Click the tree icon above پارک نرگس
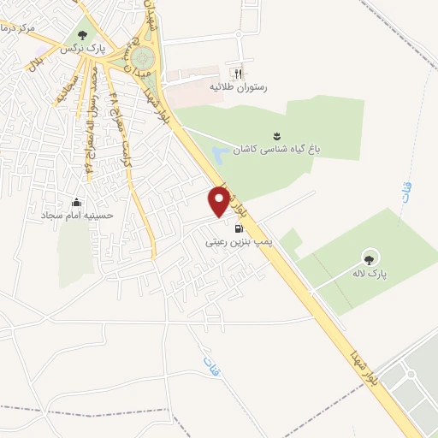click(x=82, y=35)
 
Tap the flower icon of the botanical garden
click(x=277, y=135)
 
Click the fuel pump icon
click(x=237, y=228)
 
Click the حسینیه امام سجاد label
click(x=78, y=216)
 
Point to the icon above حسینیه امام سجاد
click(x=78, y=203)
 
